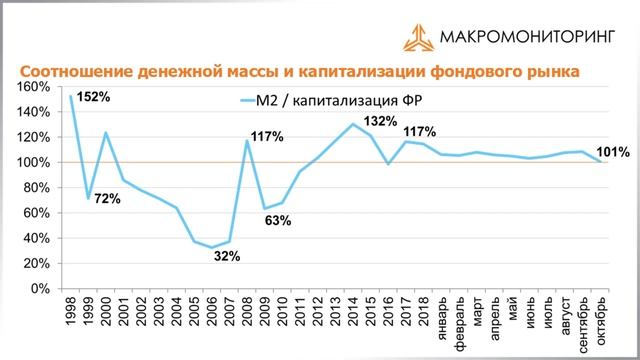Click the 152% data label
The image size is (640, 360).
point(91,97)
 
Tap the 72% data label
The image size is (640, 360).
point(107,198)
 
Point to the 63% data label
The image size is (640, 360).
point(277,220)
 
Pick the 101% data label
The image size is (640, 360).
point(613,153)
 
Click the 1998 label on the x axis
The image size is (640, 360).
point(70,310)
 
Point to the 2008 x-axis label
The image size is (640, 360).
point(246,310)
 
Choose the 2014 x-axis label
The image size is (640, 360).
point(352,310)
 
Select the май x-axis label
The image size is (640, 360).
point(512,308)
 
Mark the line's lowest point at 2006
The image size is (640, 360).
point(212,247)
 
